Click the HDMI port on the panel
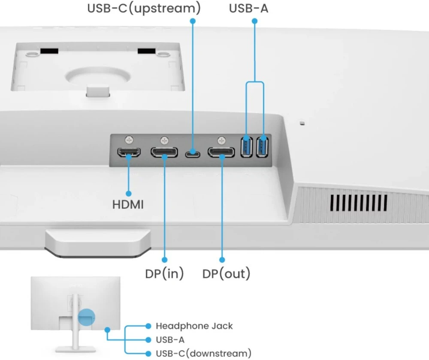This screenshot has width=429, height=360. [x=129, y=152]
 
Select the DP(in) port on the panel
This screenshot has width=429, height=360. [x=164, y=152]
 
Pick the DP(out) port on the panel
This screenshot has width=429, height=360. [x=221, y=152]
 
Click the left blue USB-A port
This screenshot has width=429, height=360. [x=247, y=147]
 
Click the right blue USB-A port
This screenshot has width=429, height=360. [x=263, y=147]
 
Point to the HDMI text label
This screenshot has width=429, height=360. [x=128, y=204]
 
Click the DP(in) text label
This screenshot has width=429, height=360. [x=164, y=273]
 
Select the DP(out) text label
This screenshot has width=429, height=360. [x=226, y=273]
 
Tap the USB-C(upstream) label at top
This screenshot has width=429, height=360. [x=144, y=8]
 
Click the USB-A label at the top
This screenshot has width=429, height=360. [x=248, y=8]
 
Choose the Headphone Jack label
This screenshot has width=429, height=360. [x=194, y=326]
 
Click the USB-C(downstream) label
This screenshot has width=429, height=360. [x=203, y=354]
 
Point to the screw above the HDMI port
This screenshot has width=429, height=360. [x=129, y=140]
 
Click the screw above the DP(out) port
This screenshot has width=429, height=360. [x=221, y=140]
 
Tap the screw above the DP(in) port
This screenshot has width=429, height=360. [x=164, y=140]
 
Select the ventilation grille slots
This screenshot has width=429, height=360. [x=359, y=202]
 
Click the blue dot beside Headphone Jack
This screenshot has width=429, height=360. [x=148, y=326]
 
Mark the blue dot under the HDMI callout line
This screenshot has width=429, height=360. [x=128, y=193]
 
